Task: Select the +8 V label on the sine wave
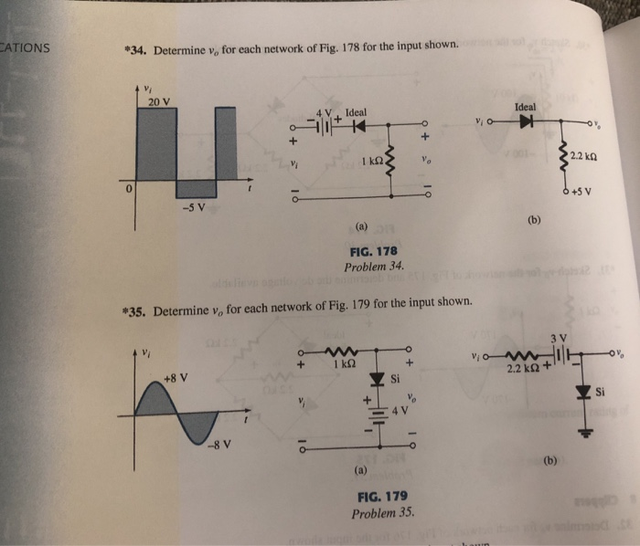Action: [x=176, y=377]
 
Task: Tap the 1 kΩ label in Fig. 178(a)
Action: [x=370, y=162]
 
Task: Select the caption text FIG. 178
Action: [x=373, y=251]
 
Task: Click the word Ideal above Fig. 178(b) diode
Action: [x=526, y=106]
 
